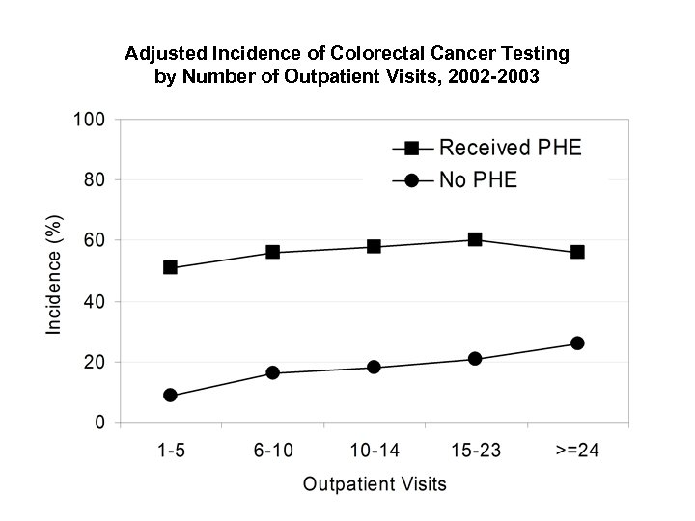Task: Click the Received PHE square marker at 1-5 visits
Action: [171, 267]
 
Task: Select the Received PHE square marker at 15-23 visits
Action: [475, 239]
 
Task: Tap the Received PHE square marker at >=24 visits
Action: [577, 252]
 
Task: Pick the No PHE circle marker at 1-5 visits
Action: [171, 396]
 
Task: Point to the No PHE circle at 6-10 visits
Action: [272, 372]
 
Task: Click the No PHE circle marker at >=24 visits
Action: [577, 343]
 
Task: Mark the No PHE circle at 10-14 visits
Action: [374, 368]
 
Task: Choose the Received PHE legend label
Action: [511, 148]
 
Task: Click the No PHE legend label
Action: [478, 179]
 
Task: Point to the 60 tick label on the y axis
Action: [96, 240]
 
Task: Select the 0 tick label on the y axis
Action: [100, 423]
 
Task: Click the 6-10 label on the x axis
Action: [272, 450]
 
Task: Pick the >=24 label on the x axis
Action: [576, 450]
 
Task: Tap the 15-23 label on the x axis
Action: [475, 450]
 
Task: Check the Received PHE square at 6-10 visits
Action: [272, 252]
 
